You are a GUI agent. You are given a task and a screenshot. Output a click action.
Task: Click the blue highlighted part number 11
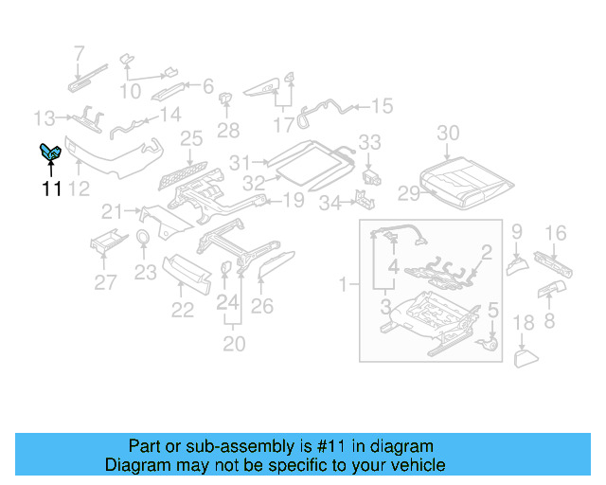(50, 154)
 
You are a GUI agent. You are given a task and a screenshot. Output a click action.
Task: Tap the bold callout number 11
(51, 189)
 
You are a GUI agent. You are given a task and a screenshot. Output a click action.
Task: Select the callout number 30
(448, 134)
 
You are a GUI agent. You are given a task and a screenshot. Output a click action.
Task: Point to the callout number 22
(182, 310)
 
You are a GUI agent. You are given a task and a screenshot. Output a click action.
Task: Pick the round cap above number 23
(143, 237)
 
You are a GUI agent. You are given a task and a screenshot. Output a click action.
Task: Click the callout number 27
(105, 281)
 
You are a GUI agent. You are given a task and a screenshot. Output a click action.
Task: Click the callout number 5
(492, 309)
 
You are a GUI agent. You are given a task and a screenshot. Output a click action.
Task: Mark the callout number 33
(369, 142)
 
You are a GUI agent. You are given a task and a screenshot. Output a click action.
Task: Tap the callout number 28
(228, 130)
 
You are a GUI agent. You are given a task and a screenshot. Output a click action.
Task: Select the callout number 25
(191, 139)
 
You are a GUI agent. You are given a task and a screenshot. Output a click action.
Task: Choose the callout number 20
(234, 342)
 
